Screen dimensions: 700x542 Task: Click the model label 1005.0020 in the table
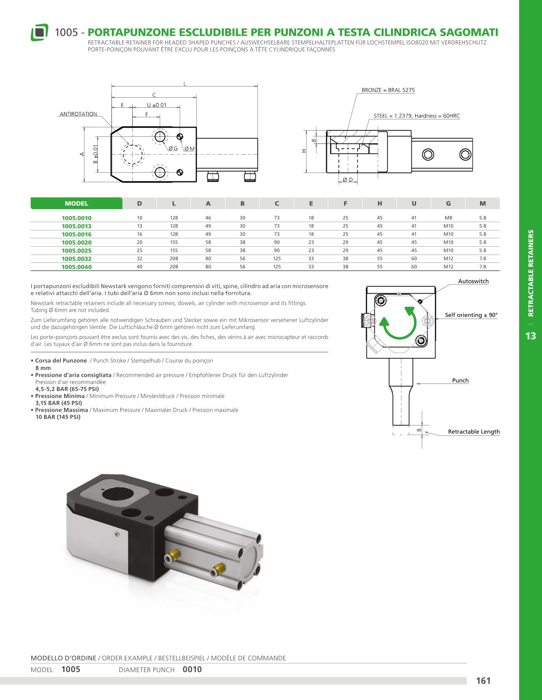click(x=77, y=242)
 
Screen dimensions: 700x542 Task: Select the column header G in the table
click(x=448, y=203)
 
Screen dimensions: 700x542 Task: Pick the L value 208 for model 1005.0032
click(x=174, y=259)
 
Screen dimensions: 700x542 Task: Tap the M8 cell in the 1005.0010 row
click(x=448, y=218)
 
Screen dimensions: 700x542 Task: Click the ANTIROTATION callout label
click(x=78, y=114)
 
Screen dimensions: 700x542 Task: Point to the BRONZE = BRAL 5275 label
click(x=388, y=90)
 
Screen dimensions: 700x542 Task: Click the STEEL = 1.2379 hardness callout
click(x=416, y=116)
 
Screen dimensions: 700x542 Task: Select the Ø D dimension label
click(x=348, y=180)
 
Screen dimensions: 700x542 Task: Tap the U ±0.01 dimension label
click(x=156, y=105)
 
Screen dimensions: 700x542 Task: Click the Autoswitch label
click(x=473, y=282)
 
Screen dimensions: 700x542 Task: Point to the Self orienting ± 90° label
click(x=471, y=315)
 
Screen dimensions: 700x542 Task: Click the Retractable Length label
click(x=473, y=432)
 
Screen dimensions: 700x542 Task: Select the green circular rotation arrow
click(x=398, y=323)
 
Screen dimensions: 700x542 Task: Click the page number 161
click(x=483, y=681)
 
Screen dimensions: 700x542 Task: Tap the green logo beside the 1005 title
click(x=39, y=32)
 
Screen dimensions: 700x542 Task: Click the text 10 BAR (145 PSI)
click(x=58, y=417)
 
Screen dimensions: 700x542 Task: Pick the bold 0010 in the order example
click(x=192, y=670)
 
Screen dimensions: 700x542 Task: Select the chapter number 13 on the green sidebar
click(x=530, y=336)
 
